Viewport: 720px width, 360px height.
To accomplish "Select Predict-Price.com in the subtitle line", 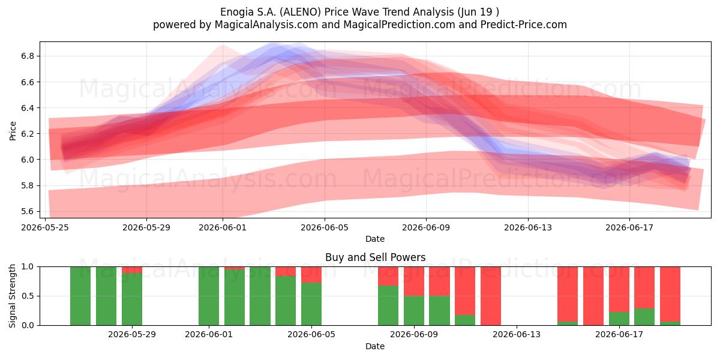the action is pyautogui.click(x=524, y=25).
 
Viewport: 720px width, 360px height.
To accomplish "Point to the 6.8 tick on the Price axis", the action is pyautogui.click(x=28, y=56).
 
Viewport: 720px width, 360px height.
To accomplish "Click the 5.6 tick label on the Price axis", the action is pyautogui.click(x=28, y=211).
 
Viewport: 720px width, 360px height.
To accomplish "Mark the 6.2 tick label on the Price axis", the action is pyautogui.click(x=28, y=134).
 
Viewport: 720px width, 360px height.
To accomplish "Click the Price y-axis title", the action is pyautogui.click(x=13, y=131).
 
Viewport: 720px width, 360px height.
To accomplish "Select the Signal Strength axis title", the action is pyautogui.click(x=12, y=296).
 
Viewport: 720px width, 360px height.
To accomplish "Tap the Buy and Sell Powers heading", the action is pyautogui.click(x=375, y=257).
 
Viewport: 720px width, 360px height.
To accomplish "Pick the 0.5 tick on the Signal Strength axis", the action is pyautogui.click(x=28, y=296).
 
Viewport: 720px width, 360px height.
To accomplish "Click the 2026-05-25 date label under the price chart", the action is pyautogui.click(x=45, y=227).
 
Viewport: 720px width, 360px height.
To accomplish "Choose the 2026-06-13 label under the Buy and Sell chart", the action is pyautogui.click(x=517, y=335).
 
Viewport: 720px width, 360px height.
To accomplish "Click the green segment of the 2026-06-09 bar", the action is pyautogui.click(x=413, y=311).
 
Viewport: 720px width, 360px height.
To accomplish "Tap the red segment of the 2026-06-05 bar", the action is pyautogui.click(x=311, y=275).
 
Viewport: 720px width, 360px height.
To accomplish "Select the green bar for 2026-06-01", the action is pyautogui.click(x=209, y=296).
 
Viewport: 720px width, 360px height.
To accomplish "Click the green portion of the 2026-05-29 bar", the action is pyautogui.click(x=132, y=299).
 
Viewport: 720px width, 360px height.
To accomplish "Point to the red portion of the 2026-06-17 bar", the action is pyautogui.click(x=619, y=289).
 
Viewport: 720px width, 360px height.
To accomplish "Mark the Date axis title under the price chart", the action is pyautogui.click(x=375, y=239).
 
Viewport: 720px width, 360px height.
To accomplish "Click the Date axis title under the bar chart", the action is pyautogui.click(x=375, y=346).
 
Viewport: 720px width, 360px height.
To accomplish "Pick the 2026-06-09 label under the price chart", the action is pyautogui.click(x=426, y=227).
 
